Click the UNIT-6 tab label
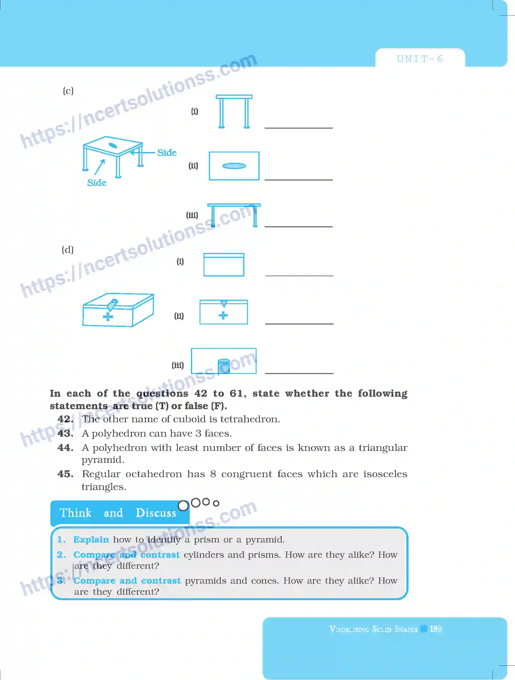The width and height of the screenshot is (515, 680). pos(420,59)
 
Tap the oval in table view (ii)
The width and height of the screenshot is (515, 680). pos(234,166)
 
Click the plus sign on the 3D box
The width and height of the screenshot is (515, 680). pos(108,317)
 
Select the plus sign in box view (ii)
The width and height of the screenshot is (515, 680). pos(223,315)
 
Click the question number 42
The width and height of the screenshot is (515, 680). pos(65,419)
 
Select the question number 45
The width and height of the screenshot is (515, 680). pos(65,474)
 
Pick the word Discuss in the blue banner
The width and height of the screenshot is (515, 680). pos(156,513)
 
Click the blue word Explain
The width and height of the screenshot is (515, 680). pos(91,540)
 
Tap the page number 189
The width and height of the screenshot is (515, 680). pos(435,629)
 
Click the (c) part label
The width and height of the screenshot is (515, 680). pos(68,91)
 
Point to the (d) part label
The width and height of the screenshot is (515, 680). pos(68,249)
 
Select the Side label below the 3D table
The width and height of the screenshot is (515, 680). pos(97,183)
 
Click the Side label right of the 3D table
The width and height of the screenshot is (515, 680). pos(167,153)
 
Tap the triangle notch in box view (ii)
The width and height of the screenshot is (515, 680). pos(224,304)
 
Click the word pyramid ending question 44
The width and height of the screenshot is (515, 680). pos(103,460)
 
